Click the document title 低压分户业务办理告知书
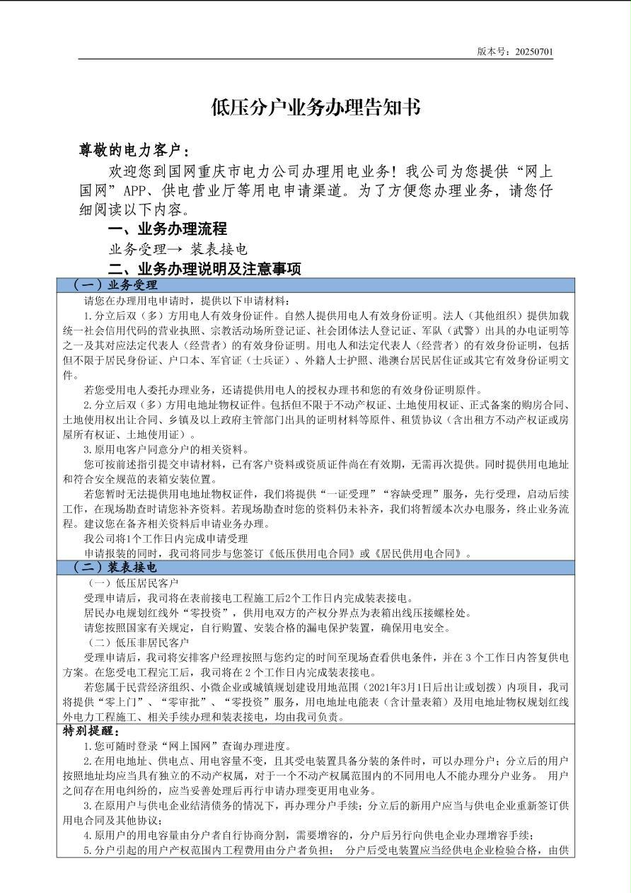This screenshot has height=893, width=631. click(x=315, y=108)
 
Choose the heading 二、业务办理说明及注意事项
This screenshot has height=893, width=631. click(x=204, y=269)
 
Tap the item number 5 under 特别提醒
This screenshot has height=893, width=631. click(x=86, y=851)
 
